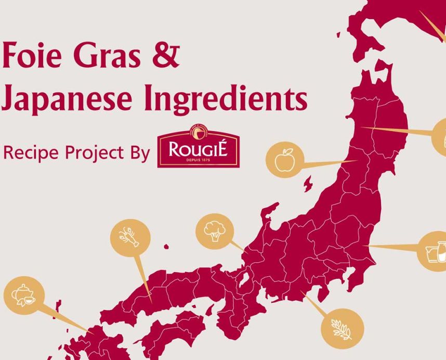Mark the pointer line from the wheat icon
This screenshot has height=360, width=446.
314,304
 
